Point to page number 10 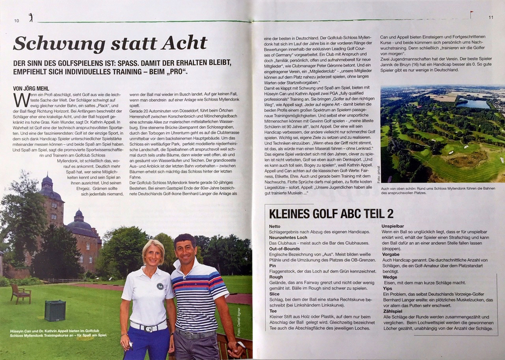coord(17,21)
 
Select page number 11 coord(491,17)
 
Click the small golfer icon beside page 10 coord(30,18)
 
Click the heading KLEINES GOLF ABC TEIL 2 coord(331,213)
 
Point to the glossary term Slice coord(274,294)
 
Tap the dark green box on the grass coord(54,311)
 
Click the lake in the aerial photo coord(472,104)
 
